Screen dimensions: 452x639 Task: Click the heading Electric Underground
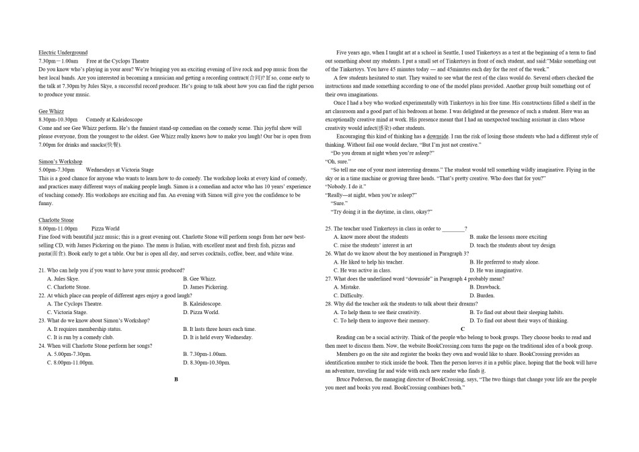tap(63, 52)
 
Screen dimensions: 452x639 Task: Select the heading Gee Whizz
tap(52, 111)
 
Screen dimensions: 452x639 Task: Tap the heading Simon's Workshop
tap(61, 161)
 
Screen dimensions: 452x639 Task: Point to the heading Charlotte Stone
tap(57, 220)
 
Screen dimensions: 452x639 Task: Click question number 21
tap(42, 270)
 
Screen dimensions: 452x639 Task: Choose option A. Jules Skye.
tap(63, 278)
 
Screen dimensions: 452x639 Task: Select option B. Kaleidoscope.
tap(202, 304)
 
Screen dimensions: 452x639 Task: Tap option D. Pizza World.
tap(201, 312)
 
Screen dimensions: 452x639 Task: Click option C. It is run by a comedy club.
tap(85, 337)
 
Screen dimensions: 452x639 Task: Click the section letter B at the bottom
tap(176, 379)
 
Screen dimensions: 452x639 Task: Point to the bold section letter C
tap(463, 328)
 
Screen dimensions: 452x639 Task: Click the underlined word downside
tap(437, 136)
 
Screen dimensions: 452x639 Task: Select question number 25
tap(329, 229)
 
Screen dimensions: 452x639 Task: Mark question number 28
tap(329, 304)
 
